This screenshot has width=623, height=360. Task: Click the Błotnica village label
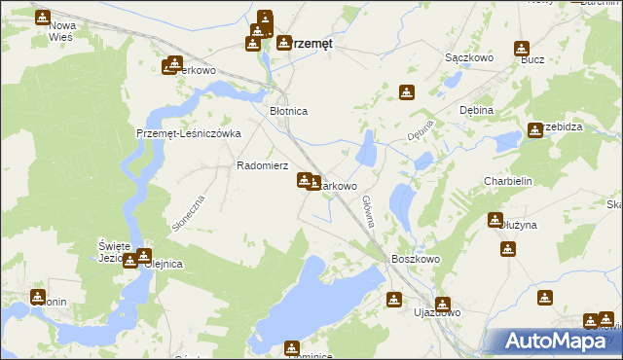click(x=288, y=112)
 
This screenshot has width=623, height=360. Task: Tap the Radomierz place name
click(x=262, y=165)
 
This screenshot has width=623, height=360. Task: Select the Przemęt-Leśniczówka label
click(x=188, y=134)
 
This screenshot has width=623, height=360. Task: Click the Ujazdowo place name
click(x=436, y=312)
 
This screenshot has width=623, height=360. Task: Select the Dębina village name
click(x=476, y=111)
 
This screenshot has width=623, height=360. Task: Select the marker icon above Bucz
click(x=522, y=48)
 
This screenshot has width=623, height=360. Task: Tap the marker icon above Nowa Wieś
click(x=43, y=17)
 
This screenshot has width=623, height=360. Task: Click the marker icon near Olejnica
click(x=130, y=260)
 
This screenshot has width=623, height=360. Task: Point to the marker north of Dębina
click(x=407, y=93)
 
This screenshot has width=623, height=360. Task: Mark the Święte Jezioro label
click(x=114, y=251)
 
